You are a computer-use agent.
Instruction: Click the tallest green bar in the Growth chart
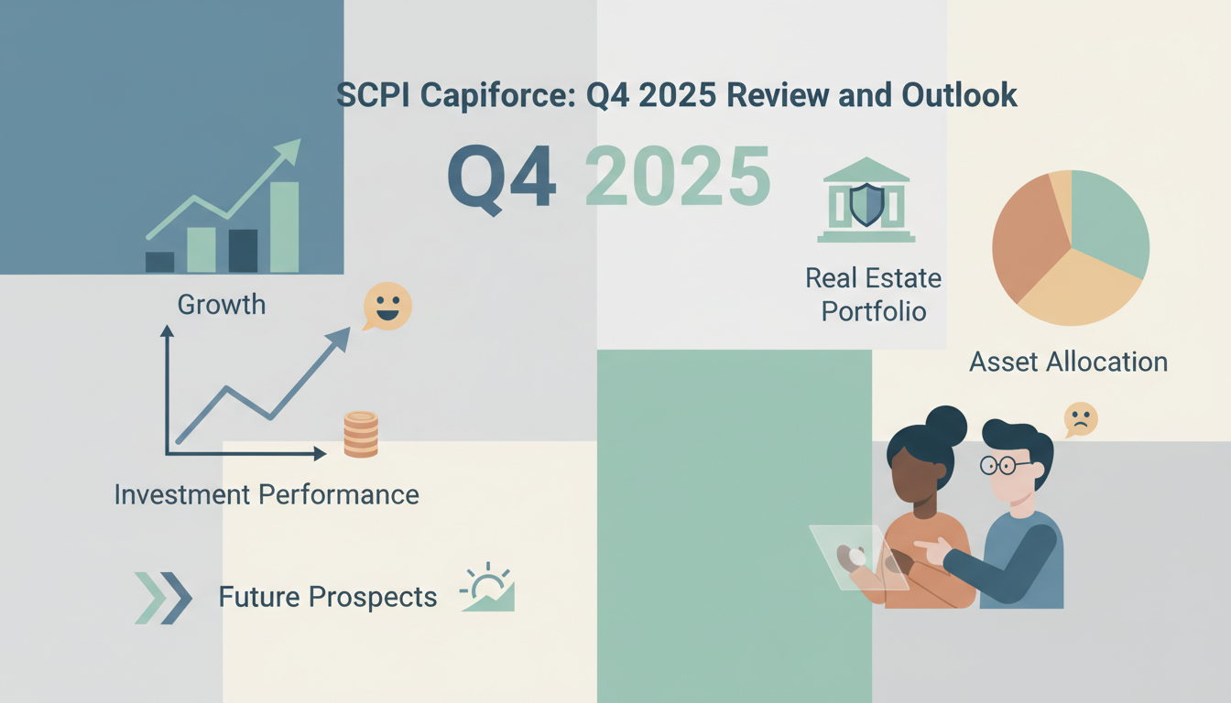click(285, 226)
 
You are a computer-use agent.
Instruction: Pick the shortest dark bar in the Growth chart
click(159, 261)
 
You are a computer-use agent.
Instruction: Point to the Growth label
click(222, 304)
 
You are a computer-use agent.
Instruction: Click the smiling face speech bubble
click(387, 305)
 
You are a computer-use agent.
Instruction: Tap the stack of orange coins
click(361, 434)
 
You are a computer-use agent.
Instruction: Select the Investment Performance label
click(267, 495)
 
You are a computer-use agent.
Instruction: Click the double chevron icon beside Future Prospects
click(163, 598)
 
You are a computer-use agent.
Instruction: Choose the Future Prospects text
click(327, 598)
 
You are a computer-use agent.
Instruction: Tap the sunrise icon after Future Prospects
click(487, 588)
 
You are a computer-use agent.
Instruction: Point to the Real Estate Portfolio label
click(873, 294)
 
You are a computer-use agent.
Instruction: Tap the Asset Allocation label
click(1068, 362)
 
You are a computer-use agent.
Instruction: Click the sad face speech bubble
click(1081, 419)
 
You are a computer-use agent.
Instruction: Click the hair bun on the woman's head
click(946, 426)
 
